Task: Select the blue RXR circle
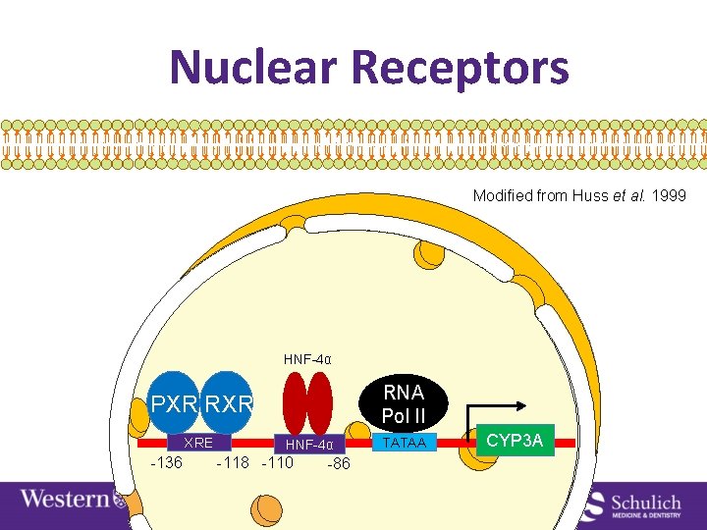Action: coord(230,402)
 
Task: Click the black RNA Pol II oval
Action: coord(404,403)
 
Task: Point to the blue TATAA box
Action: coord(404,444)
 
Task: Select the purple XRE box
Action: coord(199,443)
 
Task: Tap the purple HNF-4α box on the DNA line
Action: coord(309,445)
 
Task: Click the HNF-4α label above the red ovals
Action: coord(307,359)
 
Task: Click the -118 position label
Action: coord(233,462)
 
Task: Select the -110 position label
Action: coord(277,462)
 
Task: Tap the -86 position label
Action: coord(335,464)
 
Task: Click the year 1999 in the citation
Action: coord(668,196)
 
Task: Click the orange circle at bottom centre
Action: coord(266,509)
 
